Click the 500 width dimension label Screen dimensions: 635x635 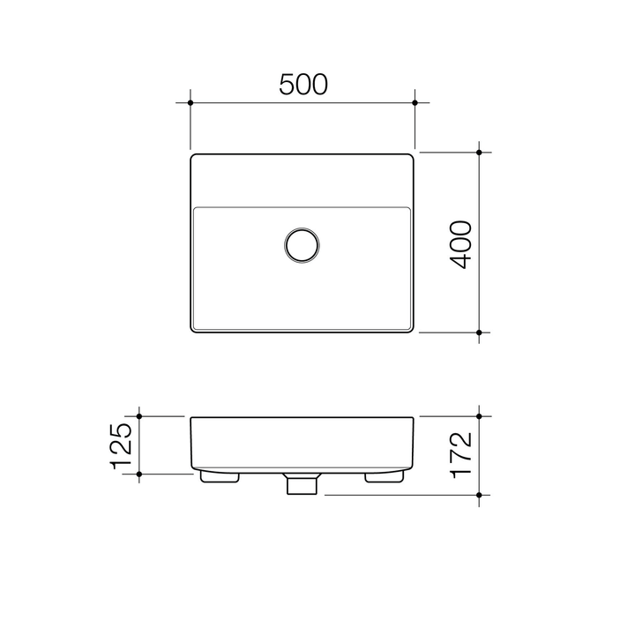click(303, 84)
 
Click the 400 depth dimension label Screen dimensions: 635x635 click(461, 245)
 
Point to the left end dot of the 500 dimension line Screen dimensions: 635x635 click(190, 103)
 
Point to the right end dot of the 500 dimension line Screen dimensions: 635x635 click(415, 103)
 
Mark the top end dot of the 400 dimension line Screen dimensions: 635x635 click(479, 153)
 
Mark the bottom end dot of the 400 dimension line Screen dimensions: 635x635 click(479, 332)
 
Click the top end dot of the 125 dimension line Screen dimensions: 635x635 click(139, 415)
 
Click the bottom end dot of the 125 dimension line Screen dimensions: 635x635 click(139, 474)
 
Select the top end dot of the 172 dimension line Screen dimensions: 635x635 click(479, 415)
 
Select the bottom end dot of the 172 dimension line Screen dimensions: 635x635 click(479, 495)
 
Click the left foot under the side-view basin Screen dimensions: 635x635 click(221, 476)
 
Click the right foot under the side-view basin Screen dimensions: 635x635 click(384, 476)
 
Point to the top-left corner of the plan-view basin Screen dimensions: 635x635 click(194, 157)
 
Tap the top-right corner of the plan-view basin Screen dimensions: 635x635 click(411, 157)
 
